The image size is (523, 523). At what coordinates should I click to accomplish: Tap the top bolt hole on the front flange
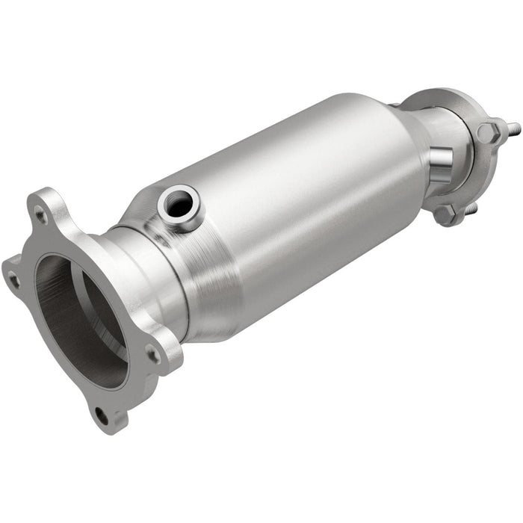(x=39, y=215)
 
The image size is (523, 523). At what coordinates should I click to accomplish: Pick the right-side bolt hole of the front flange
(x=152, y=354)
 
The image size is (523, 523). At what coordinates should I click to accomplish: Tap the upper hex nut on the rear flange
(x=488, y=133)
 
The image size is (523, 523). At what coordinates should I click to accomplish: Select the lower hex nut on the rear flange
(x=445, y=214)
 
